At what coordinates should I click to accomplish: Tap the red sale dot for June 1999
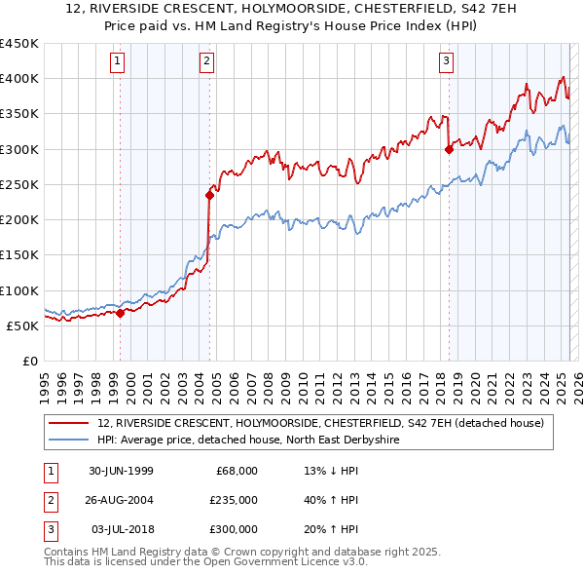tap(121, 313)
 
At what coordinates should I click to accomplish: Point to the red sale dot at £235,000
tap(209, 195)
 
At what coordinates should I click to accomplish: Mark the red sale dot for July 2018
tap(449, 149)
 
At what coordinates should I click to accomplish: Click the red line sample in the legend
tap(69, 422)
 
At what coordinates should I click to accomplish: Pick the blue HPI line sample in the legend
tap(69, 440)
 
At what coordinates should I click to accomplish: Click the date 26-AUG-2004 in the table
tap(121, 500)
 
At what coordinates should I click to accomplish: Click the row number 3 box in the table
tap(49, 529)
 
